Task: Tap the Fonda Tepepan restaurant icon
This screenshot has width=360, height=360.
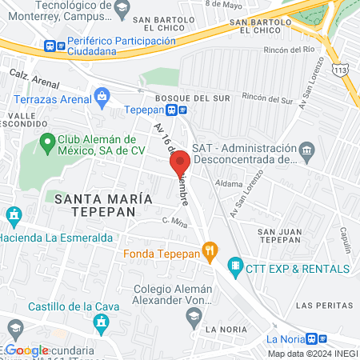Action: pyautogui.click(x=210, y=254)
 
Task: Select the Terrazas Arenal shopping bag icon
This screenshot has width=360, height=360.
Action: pyautogui.click(x=102, y=98)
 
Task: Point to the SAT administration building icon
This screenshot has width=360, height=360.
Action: pyautogui.click(x=306, y=151)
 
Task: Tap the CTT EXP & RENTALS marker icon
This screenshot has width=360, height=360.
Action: pyautogui.click(x=235, y=265)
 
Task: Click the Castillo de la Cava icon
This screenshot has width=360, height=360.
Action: pyautogui.click(x=101, y=322)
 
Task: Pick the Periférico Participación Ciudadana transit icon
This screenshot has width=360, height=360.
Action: pyautogui.click(x=51, y=45)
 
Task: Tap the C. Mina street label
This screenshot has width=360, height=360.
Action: pyautogui.click(x=174, y=221)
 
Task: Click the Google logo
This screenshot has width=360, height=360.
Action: pyautogui.click(x=26, y=350)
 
